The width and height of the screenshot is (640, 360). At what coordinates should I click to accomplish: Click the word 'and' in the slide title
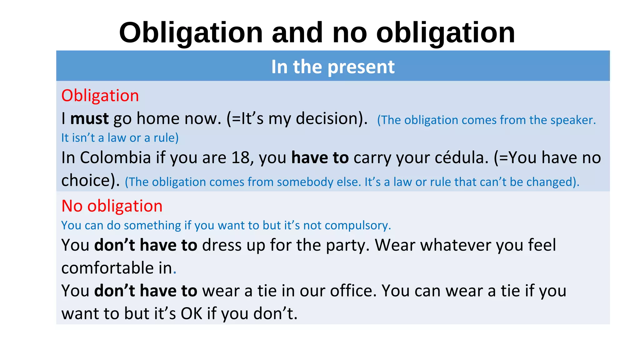(297, 32)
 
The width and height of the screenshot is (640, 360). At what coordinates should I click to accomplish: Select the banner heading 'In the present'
(333, 67)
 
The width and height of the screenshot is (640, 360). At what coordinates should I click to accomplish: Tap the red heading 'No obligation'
(112, 206)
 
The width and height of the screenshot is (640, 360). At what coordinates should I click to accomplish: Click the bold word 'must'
(89, 119)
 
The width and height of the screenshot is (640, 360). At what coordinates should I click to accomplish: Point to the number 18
(242, 157)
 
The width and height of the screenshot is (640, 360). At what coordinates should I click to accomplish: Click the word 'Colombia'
(115, 157)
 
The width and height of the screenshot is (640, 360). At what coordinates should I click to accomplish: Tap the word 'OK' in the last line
(192, 313)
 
